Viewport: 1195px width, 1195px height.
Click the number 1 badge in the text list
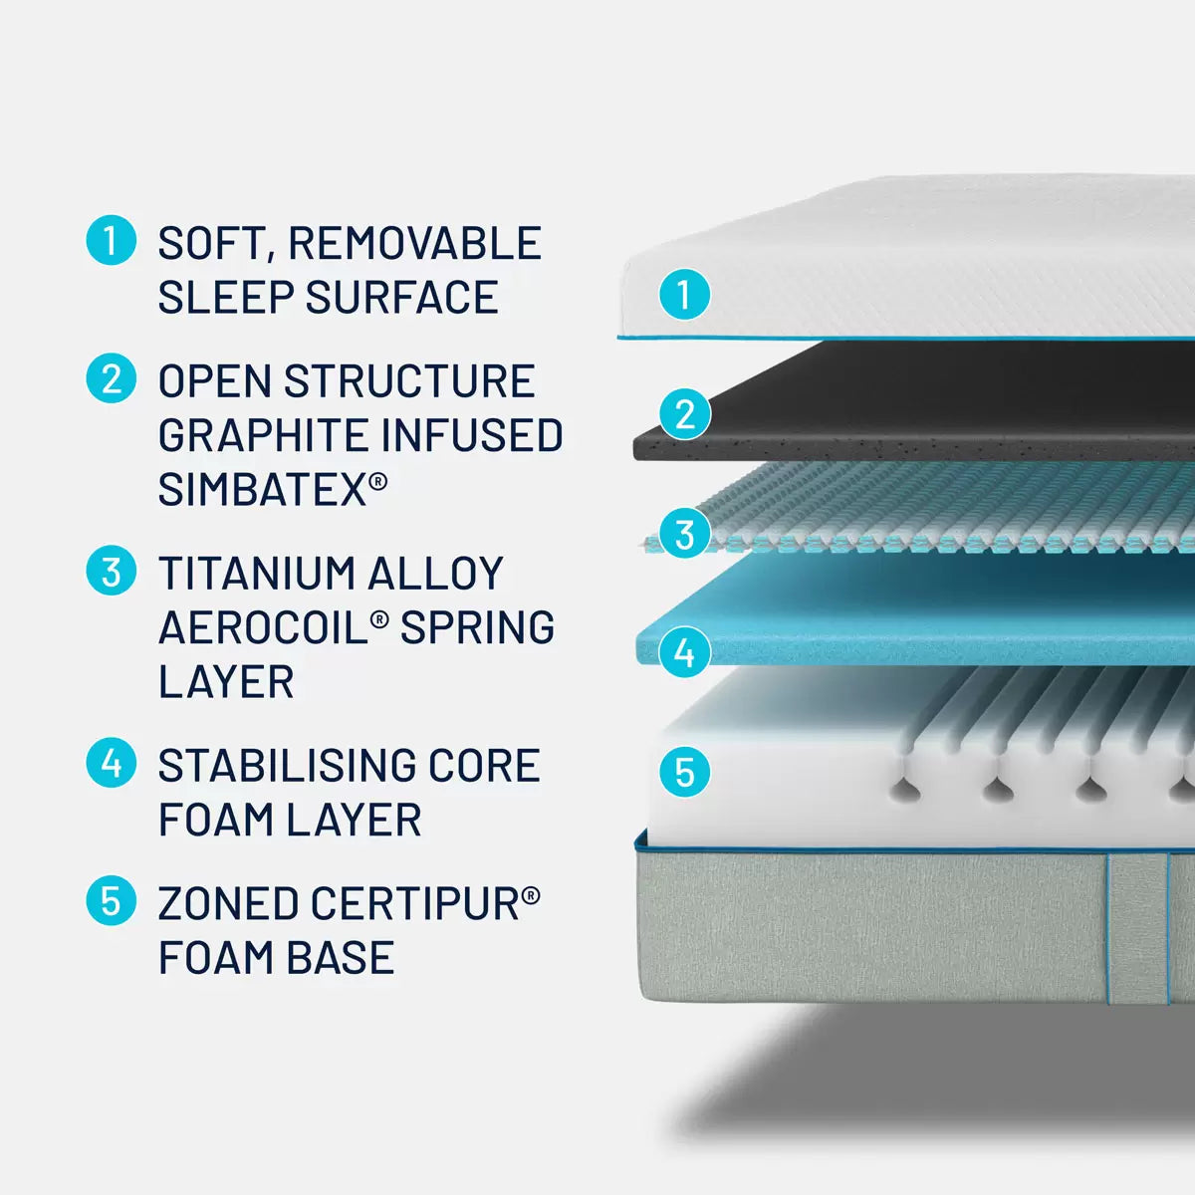[111, 241]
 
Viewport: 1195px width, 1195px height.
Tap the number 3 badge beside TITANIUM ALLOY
[111, 571]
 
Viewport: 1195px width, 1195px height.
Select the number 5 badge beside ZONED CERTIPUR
[111, 900]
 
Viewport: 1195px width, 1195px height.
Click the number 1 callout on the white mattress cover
[684, 294]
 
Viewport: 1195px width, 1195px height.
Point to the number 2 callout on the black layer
[684, 413]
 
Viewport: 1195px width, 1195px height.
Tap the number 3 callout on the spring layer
[684, 534]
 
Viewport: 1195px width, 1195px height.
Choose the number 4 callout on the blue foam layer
[684, 652]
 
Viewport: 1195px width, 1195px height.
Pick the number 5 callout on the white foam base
[684, 772]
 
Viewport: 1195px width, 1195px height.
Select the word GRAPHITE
[264, 435]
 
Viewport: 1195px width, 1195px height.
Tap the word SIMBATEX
[263, 489]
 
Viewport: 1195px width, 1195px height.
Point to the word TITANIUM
[256, 573]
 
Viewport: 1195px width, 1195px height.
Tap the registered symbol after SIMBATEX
[378, 481]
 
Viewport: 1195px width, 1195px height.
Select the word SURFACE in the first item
[402, 297]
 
